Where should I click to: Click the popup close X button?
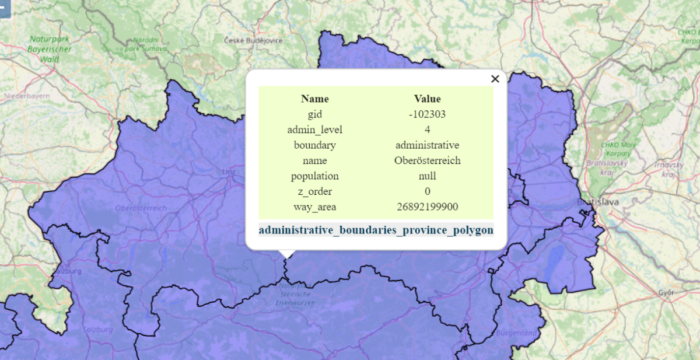pos(495,79)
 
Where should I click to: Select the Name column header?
pos(314,99)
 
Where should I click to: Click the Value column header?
pos(427,99)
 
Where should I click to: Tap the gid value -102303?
pos(427,114)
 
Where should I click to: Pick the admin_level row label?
pos(314,130)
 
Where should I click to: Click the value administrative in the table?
pos(427,145)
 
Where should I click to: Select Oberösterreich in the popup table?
pos(427,160)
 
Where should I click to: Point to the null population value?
pos(427,176)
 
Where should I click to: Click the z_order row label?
pos(314,191)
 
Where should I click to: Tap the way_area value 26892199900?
pos(427,207)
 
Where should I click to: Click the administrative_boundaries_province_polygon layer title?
pos(376,230)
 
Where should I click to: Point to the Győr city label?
pos(666,292)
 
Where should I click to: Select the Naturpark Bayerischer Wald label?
pos(50,49)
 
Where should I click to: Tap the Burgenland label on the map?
pos(517,333)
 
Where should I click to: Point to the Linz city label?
pos(228,172)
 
